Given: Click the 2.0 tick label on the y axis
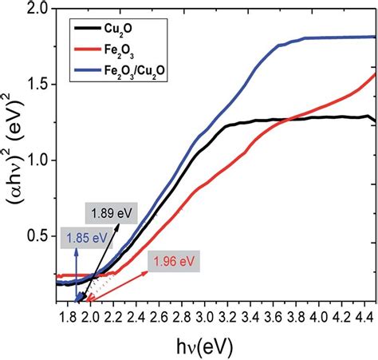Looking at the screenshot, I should tap(37, 10).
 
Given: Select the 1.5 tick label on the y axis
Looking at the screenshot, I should tap(37, 85).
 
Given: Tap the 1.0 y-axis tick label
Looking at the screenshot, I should tap(37, 160).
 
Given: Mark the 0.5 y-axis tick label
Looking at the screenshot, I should tap(37, 236).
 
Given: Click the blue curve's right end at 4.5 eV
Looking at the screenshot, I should tap(375, 37).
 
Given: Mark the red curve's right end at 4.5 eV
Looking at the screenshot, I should tap(375, 74).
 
